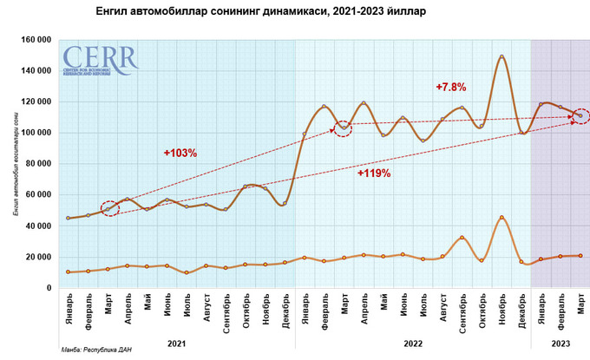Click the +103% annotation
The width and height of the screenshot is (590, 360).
[x=180, y=153]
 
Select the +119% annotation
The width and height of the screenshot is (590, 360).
[x=374, y=173]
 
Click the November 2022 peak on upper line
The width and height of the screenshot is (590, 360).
[x=501, y=57]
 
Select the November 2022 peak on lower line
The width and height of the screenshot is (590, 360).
[x=501, y=218]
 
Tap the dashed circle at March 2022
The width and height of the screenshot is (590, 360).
[x=344, y=128]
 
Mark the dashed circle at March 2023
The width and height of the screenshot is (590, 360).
[x=580, y=115]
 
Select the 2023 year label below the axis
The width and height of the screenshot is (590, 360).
[x=560, y=343]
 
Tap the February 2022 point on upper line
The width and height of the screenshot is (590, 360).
[x=324, y=107]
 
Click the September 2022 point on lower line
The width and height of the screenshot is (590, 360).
[x=462, y=238]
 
